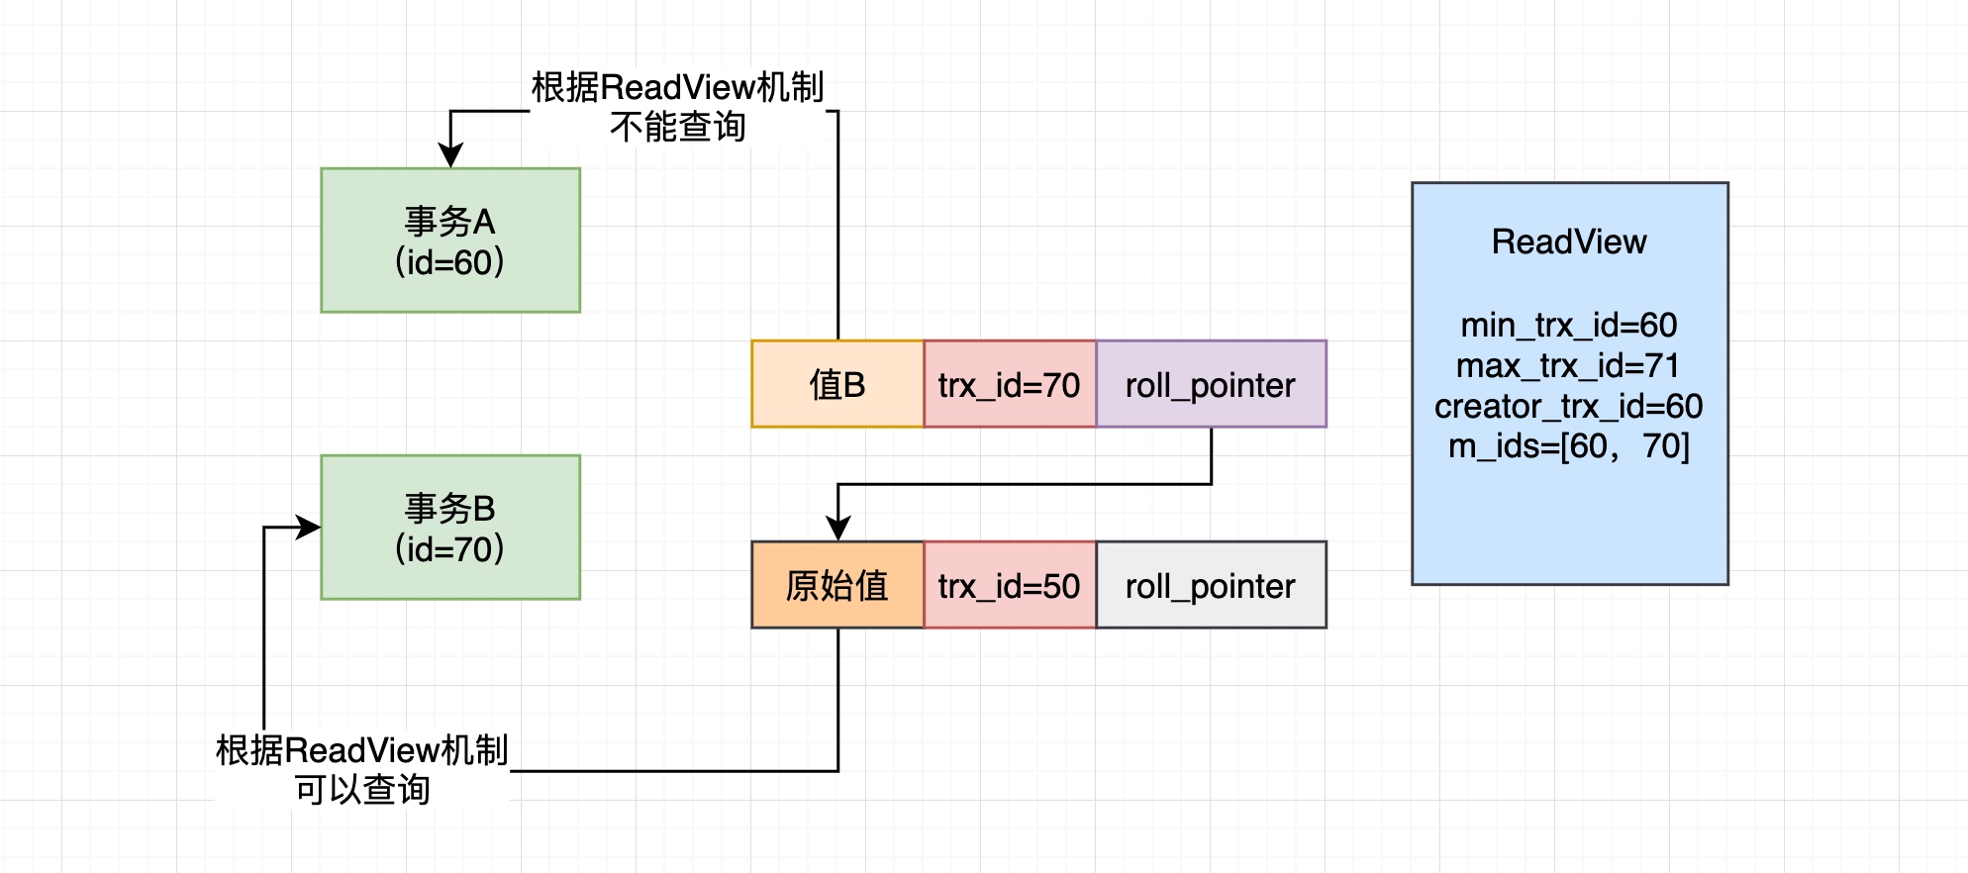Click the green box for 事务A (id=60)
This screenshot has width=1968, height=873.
(x=450, y=241)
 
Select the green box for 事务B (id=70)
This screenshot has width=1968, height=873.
(x=450, y=528)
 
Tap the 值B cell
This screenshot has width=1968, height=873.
(x=837, y=384)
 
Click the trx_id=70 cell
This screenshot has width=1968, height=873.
(x=1009, y=384)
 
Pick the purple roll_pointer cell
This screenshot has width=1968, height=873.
(x=1210, y=384)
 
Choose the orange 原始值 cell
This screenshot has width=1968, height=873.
(x=837, y=585)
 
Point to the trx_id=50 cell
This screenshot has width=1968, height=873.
(x=1009, y=585)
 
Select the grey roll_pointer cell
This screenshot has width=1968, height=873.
(x=1210, y=585)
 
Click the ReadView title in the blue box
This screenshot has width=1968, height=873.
(x=1569, y=242)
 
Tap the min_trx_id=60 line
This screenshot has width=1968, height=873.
(x=1569, y=325)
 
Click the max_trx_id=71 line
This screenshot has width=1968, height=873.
(x=1569, y=365)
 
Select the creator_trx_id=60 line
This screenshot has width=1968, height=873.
(x=1569, y=406)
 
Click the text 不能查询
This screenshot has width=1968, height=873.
(x=678, y=127)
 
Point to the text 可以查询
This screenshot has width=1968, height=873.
(x=362, y=790)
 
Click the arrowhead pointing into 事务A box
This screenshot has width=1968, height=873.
(x=450, y=156)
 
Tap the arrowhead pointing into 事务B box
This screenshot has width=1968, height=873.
(x=309, y=528)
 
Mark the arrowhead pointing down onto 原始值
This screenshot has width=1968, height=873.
(x=838, y=529)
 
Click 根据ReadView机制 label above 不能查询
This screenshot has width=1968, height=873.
(x=678, y=87)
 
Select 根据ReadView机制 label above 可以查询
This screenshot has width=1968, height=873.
(x=362, y=750)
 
